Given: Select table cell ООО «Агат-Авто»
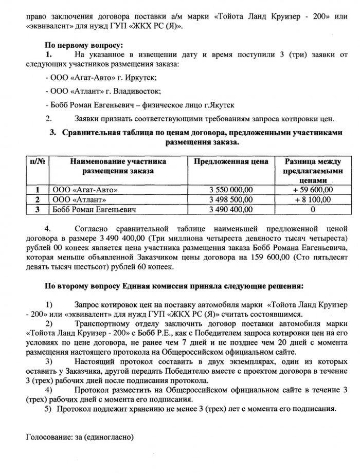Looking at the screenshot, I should [x=82, y=190].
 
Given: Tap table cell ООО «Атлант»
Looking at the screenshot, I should [x=77, y=199].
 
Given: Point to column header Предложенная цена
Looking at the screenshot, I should [x=231, y=162].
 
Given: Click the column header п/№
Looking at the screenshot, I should [x=37, y=162].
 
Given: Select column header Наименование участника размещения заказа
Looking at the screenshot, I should [x=118, y=166].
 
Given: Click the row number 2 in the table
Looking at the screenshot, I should [x=37, y=199].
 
